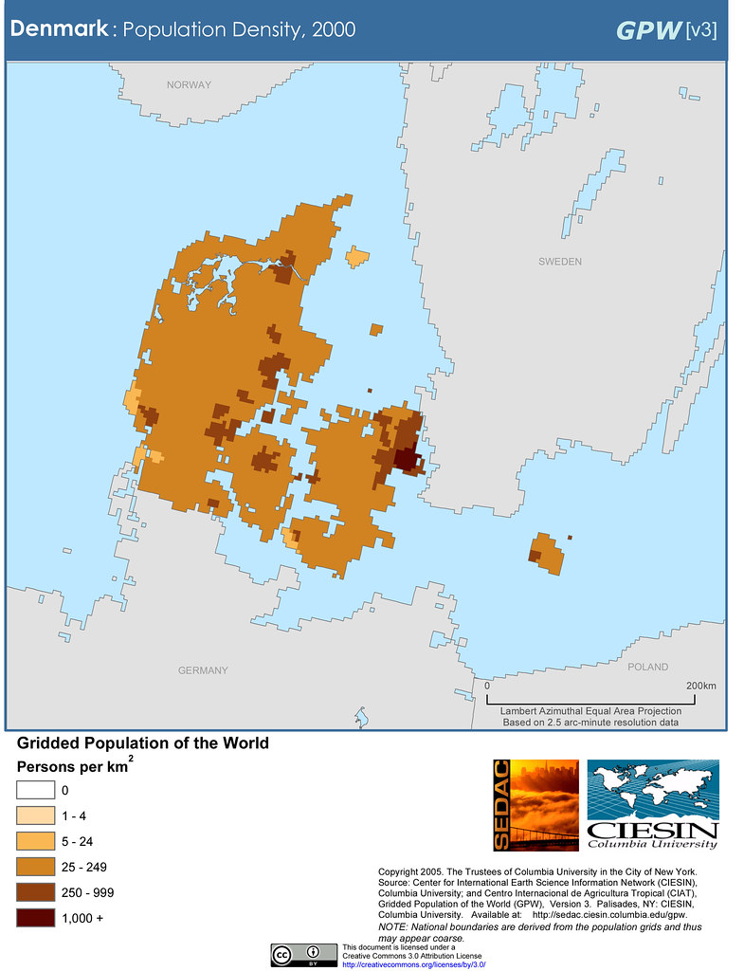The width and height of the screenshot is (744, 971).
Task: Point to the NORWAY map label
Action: (x=189, y=85)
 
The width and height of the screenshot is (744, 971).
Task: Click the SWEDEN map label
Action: (x=559, y=261)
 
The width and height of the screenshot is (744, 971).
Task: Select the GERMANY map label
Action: (x=203, y=670)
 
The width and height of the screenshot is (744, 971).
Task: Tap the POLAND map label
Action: (x=648, y=667)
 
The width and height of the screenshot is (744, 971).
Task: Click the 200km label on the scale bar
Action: (x=700, y=686)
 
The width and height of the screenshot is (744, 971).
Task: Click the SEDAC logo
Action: (x=535, y=804)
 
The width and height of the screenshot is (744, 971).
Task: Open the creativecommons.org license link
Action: (x=413, y=963)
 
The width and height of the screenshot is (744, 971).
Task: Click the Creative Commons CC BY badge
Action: (x=303, y=954)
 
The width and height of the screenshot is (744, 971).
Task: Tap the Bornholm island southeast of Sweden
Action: (x=546, y=553)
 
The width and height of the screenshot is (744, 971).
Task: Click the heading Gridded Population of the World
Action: (x=142, y=743)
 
